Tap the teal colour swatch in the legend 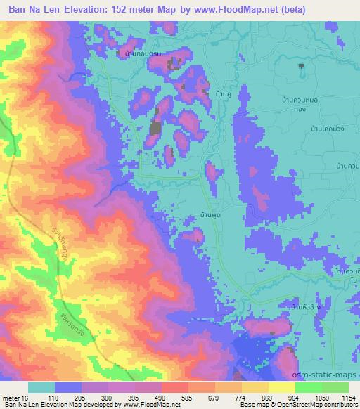[x=41, y=387]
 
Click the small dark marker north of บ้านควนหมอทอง [x=302, y=67]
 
